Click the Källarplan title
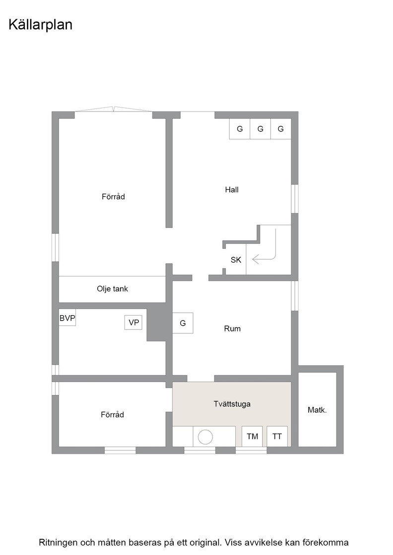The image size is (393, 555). tap(40, 25)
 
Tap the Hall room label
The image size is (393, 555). tap(232, 190)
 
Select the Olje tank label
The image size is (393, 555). tap(112, 289)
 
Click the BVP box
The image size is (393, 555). tap(67, 318)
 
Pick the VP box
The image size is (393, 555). tap(133, 323)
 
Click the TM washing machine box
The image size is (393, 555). tap(252, 437)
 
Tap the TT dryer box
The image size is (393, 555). tap(277, 437)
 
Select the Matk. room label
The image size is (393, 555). tap(317, 410)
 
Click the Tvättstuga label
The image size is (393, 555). tap(232, 404)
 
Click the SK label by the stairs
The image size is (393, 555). tap(236, 260)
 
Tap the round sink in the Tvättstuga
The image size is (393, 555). tap(205, 437)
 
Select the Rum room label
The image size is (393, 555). tap(232, 329)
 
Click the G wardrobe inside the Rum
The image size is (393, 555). tap(183, 323)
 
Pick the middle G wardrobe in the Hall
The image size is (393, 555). tap(261, 129)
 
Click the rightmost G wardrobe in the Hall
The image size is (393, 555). tap(281, 129)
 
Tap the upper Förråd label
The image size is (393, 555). tap(114, 196)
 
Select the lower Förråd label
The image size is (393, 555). tap(112, 414)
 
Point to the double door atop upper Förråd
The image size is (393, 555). tap(114, 109)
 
